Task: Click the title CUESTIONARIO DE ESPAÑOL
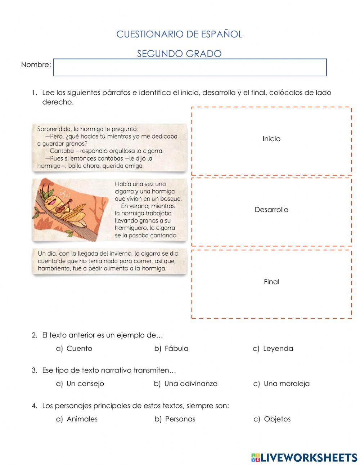179,34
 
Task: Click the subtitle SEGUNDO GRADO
179,54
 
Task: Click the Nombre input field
190,67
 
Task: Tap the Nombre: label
36,65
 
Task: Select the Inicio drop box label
271,139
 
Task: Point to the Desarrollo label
271,210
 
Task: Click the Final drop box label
271,282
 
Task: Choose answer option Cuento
79,349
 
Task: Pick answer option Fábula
176,349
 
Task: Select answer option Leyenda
278,349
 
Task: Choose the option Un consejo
85,384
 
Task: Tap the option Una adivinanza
191,384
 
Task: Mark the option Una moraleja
287,384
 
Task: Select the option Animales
82,419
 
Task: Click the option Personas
180,419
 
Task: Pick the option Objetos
277,419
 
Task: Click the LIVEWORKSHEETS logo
304,457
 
